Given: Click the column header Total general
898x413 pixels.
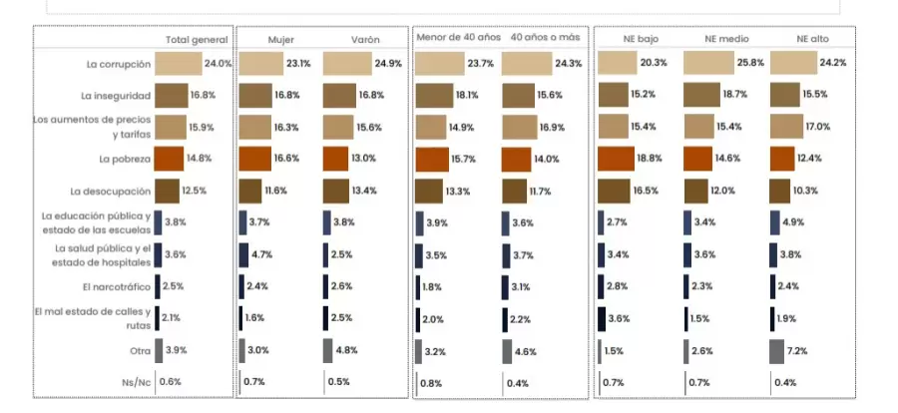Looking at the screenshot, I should click(x=197, y=40).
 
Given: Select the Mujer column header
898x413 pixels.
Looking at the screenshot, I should click(x=280, y=40).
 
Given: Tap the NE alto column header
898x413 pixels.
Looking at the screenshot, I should click(x=812, y=40).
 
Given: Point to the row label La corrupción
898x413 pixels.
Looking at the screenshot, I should click(x=118, y=64).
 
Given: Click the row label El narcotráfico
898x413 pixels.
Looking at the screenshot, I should click(x=118, y=287).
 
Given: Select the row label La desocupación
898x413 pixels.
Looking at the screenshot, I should click(x=110, y=192).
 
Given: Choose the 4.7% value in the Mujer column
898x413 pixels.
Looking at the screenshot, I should click(x=262, y=255).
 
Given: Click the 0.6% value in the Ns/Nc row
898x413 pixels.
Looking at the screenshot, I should click(x=171, y=382).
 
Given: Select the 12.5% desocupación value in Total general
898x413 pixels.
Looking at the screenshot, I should click(x=195, y=192).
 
